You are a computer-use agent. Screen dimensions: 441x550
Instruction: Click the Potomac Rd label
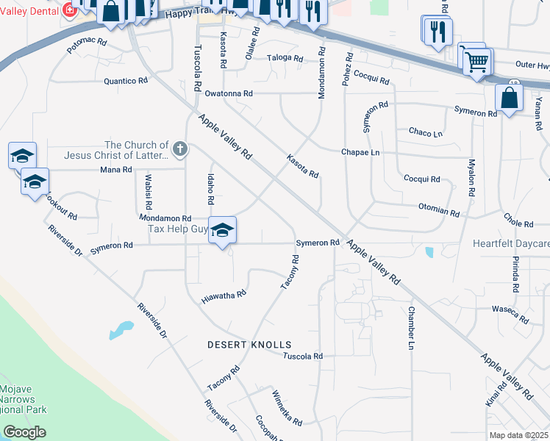click(86, 48)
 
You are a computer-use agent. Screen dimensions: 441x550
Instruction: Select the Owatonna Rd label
click(228, 94)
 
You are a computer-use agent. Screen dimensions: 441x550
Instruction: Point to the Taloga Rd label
click(286, 58)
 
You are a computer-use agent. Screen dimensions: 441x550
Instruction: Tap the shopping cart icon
click(476, 62)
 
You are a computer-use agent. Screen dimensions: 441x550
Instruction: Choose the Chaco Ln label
click(426, 133)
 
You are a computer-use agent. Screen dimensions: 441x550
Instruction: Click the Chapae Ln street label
click(360, 152)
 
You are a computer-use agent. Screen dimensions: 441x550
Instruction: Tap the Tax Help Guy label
click(177, 229)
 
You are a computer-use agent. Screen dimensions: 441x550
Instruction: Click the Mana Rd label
click(115, 170)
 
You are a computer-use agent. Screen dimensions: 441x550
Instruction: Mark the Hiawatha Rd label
click(223, 297)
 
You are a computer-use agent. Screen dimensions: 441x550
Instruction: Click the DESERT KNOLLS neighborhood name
click(249, 345)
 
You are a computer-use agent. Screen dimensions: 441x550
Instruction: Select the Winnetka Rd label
click(287, 409)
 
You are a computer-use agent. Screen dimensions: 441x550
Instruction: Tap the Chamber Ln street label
click(412, 327)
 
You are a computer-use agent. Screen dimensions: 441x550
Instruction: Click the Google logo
click(24, 433)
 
